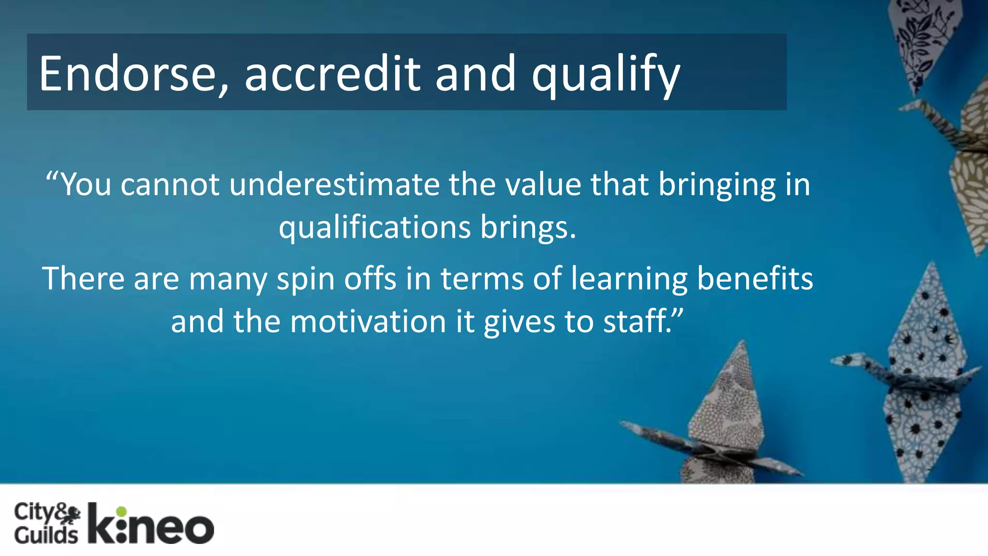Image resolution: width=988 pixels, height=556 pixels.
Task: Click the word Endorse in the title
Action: (128, 73)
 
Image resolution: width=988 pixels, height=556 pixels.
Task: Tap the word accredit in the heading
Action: (332, 73)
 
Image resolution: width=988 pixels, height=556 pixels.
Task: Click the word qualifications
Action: (375, 228)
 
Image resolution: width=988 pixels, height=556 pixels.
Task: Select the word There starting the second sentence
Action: (83, 279)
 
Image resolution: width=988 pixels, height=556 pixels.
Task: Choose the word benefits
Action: (755, 279)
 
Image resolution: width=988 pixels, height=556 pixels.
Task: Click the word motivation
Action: (368, 321)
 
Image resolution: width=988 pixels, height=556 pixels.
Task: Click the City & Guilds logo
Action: (46, 524)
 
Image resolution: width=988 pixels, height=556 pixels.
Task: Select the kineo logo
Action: (151, 525)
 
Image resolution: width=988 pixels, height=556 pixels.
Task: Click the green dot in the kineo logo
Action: (122, 511)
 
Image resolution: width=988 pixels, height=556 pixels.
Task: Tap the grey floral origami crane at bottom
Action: (724, 425)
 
